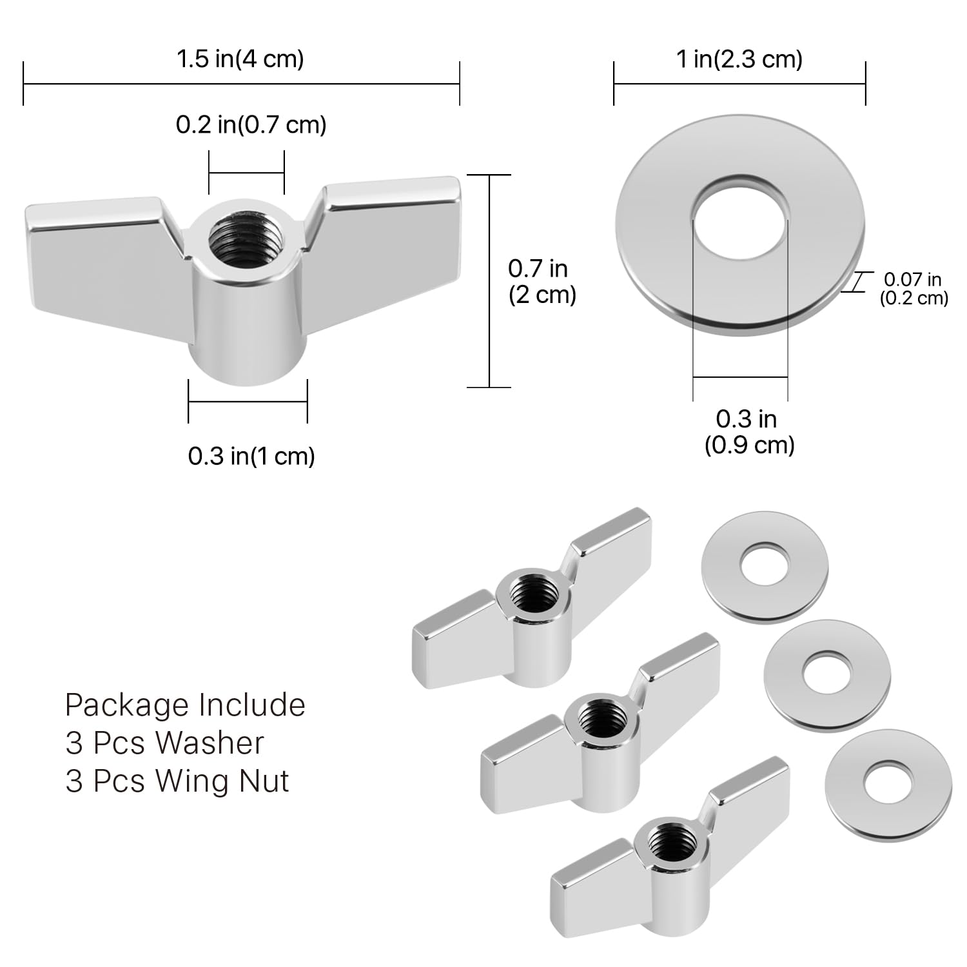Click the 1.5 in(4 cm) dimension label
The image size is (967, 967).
pos(240,59)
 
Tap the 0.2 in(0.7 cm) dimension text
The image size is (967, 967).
pos(251,124)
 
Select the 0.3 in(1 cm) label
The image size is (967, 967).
pos(251,456)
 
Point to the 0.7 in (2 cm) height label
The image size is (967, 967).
pos(542,281)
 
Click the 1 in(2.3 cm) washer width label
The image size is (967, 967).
pos(739,59)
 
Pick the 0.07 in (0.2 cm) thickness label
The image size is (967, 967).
pos(914,288)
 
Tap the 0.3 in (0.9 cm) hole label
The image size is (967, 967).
pos(748,432)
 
